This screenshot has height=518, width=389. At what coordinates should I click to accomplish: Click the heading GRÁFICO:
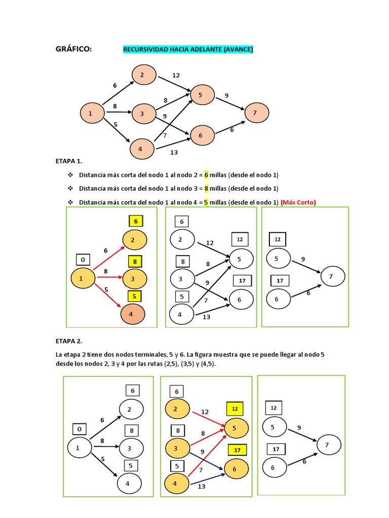tap(73, 49)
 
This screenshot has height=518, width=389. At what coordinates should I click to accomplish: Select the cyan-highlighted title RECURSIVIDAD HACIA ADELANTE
tap(187, 49)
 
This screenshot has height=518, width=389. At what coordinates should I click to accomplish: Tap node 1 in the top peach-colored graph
tap(91, 113)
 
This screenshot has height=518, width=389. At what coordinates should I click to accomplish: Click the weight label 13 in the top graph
tap(174, 152)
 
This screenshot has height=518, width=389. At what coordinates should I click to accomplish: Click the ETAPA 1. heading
tap(68, 161)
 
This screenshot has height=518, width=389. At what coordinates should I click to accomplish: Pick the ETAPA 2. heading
tap(68, 341)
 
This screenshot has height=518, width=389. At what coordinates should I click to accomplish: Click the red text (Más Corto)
tap(298, 202)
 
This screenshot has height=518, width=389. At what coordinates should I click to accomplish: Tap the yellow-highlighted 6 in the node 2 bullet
tap(206, 175)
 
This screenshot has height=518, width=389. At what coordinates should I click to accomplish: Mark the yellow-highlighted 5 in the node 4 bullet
tap(206, 202)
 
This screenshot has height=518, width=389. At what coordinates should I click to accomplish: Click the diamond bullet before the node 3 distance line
tap(70, 188)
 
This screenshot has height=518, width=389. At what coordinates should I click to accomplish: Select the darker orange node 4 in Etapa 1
tap(133, 314)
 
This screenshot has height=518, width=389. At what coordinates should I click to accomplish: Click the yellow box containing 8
tap(135, 262)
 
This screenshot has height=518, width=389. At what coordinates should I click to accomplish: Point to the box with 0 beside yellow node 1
tap(83, 260)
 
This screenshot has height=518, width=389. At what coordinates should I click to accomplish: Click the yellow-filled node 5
tap(237, 428)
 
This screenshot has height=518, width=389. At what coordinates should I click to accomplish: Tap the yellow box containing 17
tap(236, 450)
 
